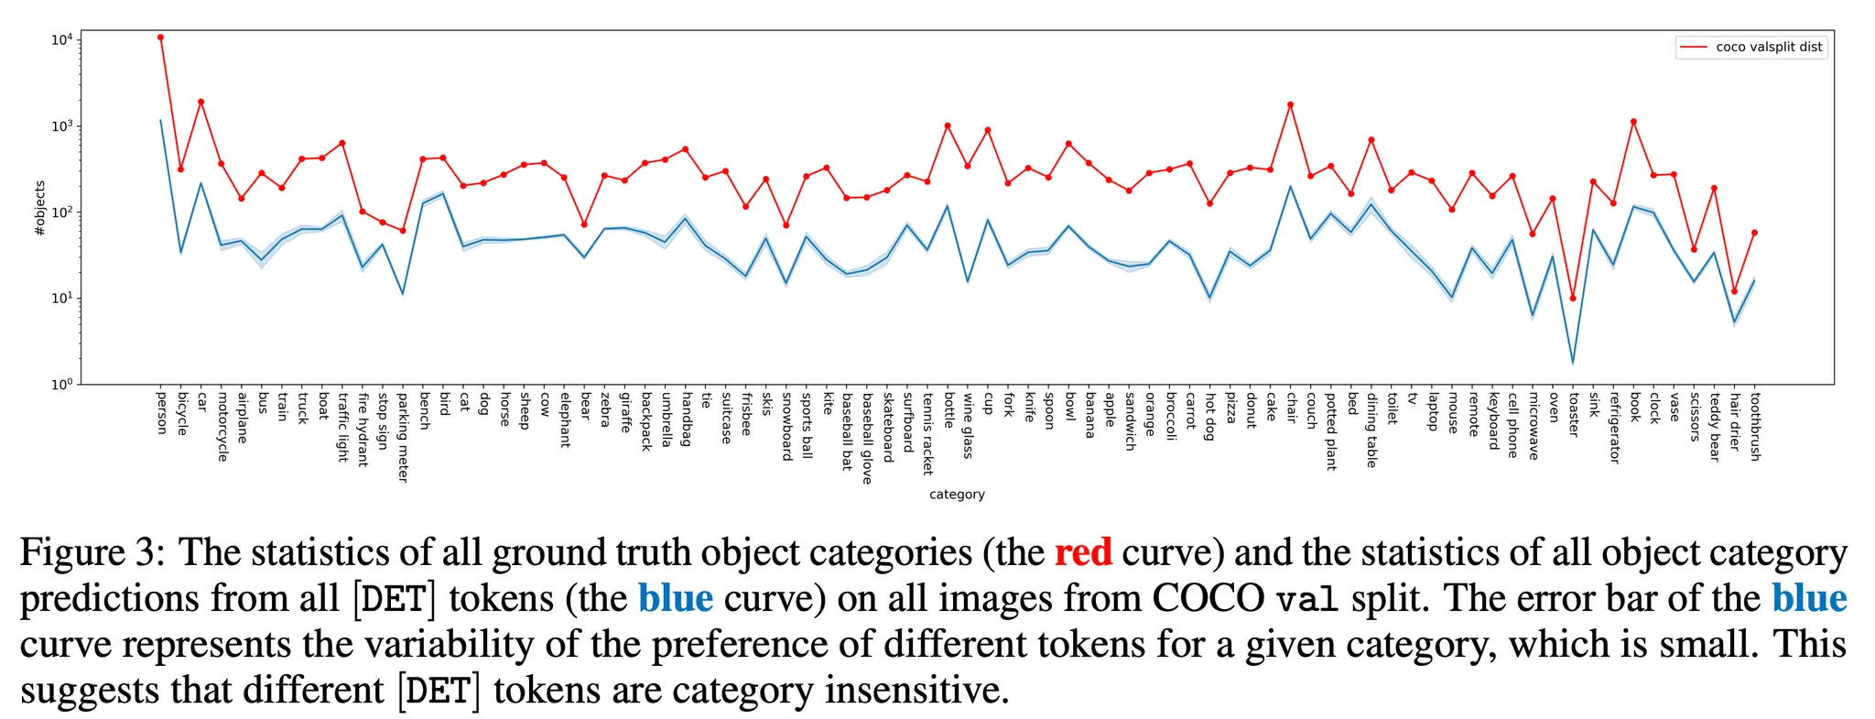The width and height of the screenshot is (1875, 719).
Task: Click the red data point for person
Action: click(160, 38)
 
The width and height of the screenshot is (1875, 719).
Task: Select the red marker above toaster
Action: click(1573, 299)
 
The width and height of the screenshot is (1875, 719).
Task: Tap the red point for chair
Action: click(1291, 104)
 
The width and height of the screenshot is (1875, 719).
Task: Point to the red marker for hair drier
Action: click(1734, 291)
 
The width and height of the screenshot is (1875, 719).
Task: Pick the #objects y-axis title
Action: click(39, 209)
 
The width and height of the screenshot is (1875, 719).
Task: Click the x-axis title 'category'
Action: click(957, 495)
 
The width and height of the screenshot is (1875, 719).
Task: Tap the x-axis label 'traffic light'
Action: click(343, 427)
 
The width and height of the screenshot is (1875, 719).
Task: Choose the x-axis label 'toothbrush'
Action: click(1755, 426)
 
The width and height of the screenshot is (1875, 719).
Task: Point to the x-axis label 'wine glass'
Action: click(968, 425)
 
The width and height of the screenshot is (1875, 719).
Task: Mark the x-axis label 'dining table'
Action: click(1371, 430)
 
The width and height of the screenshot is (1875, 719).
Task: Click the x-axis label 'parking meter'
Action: click(403, 437)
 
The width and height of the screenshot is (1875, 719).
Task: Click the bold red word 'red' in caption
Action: click(1083, 552)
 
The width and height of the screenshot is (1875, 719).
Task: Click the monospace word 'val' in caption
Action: click(1307, 598)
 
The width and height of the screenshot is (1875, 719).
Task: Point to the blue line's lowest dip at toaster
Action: click(1573, 363)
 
